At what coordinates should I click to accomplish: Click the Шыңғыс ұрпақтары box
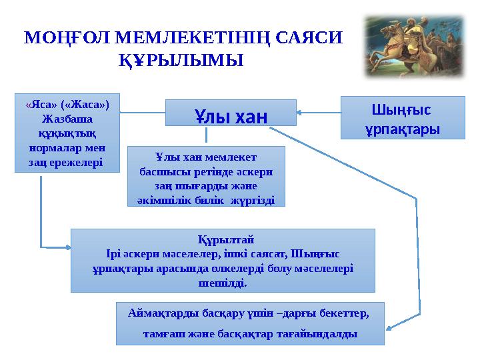pos(403,117)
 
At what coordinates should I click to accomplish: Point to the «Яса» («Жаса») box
pos(67,133)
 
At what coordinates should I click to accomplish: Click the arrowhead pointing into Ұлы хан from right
pos(300,113)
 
